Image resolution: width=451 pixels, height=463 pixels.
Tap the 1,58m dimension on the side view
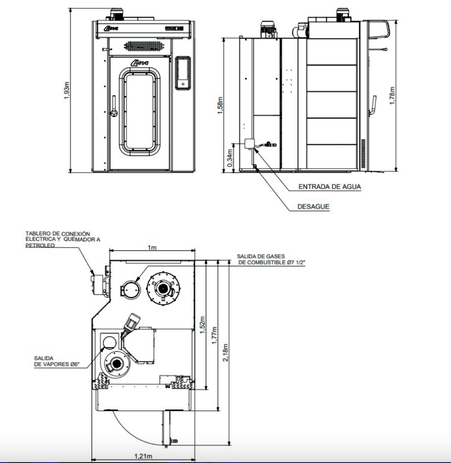[221, 105]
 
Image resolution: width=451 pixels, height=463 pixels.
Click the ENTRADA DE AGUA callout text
[329, 187]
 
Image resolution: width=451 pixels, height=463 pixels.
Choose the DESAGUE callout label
[313, 206]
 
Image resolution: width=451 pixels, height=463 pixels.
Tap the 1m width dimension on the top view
[152, 248]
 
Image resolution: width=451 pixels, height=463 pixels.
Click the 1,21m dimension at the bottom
[143, 456]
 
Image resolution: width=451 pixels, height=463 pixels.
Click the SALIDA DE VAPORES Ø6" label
[60, 361]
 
